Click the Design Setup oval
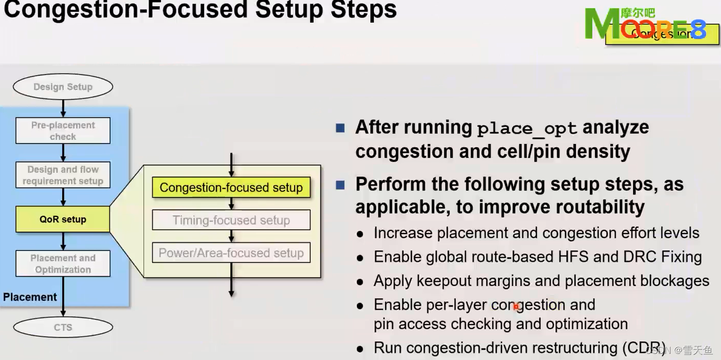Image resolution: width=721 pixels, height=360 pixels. point(63,87)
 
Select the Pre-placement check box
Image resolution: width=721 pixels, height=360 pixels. point(63,131)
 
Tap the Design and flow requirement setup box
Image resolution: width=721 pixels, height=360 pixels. point(63,175)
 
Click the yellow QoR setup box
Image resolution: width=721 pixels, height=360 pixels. point(63,219)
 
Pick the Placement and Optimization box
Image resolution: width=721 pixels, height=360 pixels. point(63,263)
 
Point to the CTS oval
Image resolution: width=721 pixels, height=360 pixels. point(63,327)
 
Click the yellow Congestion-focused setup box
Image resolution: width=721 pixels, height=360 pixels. point(231,188)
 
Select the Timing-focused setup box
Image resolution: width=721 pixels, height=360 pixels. point(231,220)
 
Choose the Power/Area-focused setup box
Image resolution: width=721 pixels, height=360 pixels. point(231,253)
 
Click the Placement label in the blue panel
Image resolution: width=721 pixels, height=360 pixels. point(30,297)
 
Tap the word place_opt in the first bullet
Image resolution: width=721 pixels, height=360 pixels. point(527,128)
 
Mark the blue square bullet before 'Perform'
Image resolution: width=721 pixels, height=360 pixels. point(340,185)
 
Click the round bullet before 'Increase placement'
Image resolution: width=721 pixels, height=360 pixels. point(360,234)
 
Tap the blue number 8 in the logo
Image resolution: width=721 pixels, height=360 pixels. point(698,31)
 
